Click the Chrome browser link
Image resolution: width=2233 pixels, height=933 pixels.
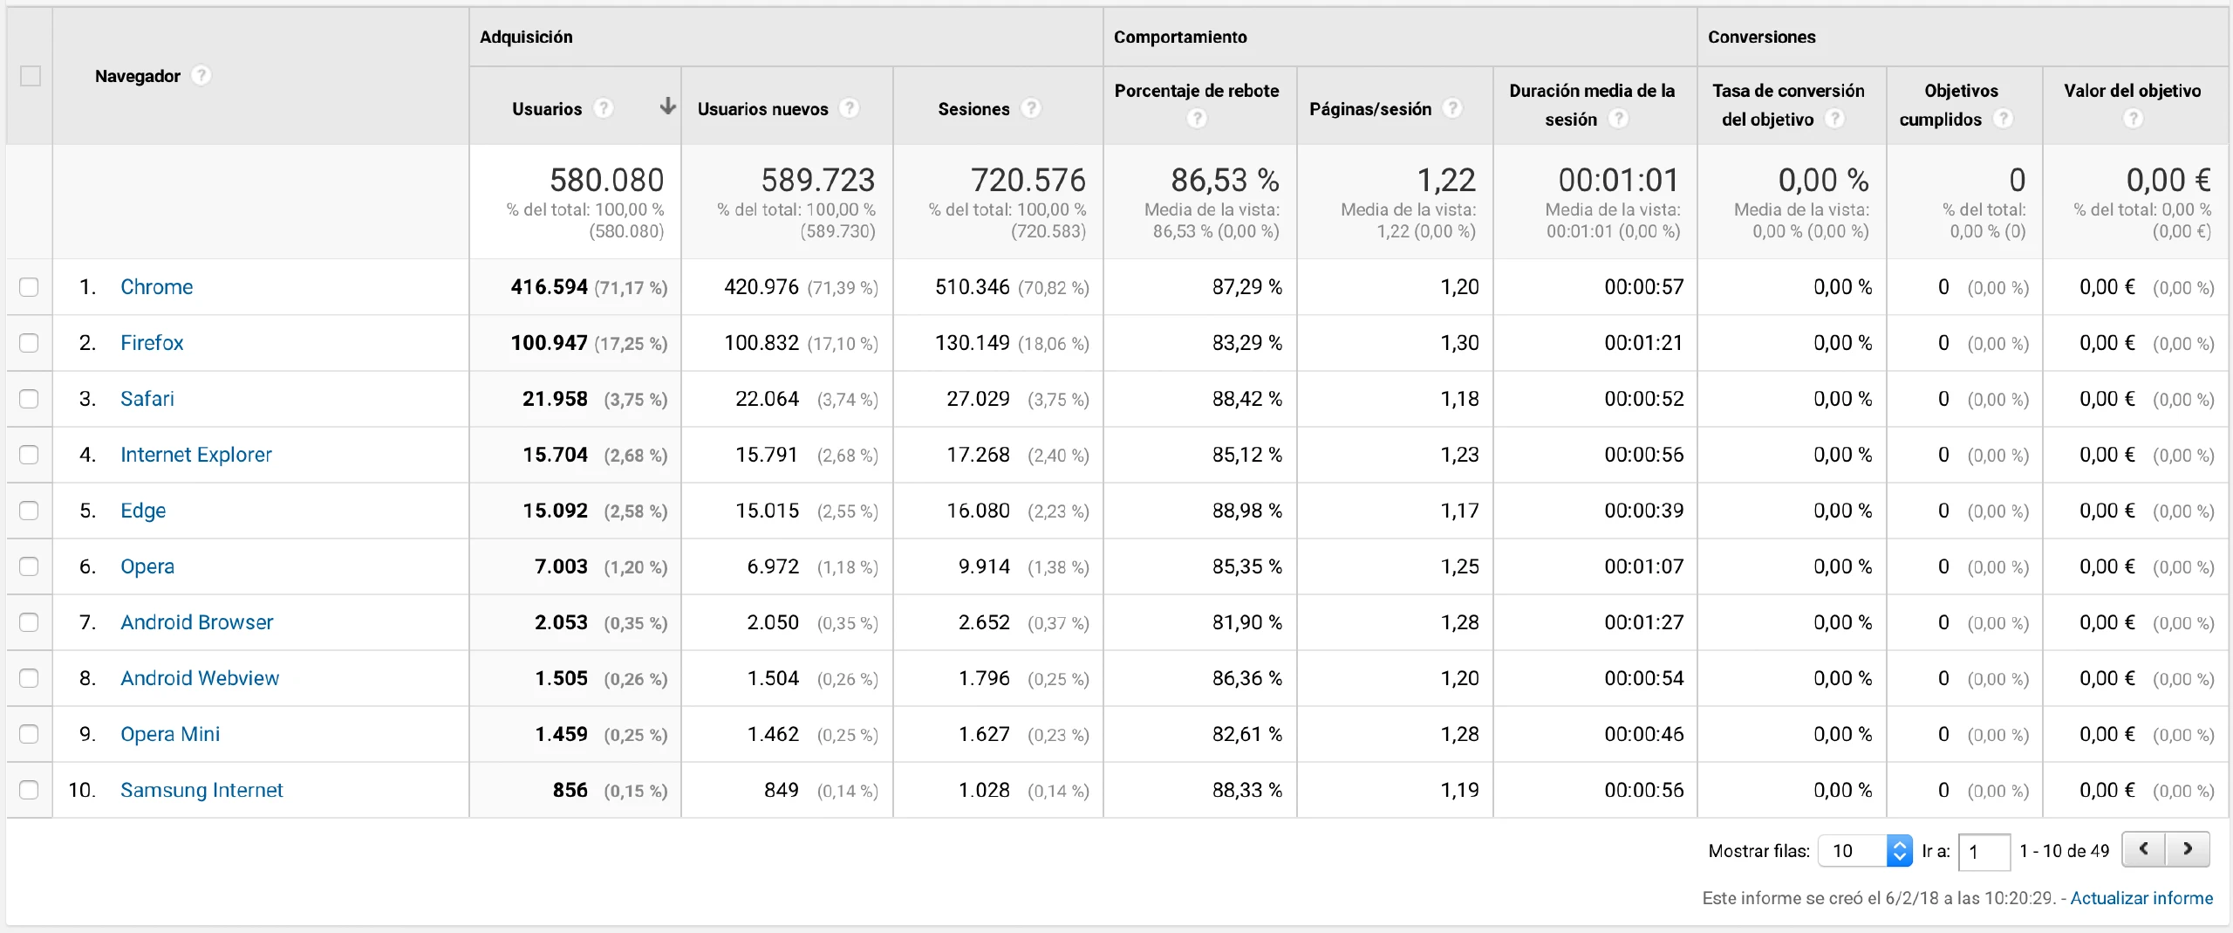tap(156, 287)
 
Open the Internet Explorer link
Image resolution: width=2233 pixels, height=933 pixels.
tap(195, 455)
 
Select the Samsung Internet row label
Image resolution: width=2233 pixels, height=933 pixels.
tap(201, 790)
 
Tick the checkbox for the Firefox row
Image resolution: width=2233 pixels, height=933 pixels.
tap(29, 343)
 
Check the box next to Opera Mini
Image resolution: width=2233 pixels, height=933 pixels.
tap(29, 734)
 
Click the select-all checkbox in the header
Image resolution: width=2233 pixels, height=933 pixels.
tap(31, 76)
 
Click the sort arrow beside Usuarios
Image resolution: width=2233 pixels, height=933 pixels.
tap(667, 106)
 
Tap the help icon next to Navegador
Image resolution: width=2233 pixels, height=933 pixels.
tap(201, 76)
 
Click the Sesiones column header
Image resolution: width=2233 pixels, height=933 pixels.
tap(973, 109)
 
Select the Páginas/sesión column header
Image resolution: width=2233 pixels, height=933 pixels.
tap(1370, 109)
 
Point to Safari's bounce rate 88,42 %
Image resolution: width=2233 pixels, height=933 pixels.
tap(1246, 399)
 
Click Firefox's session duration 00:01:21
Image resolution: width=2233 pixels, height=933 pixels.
tap(1643, 343)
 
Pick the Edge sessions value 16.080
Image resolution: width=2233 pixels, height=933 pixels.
tap(978, 511)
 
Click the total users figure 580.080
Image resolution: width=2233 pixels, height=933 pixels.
tap(606, 180)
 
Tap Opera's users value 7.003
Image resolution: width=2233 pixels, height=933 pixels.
tap(561, 566)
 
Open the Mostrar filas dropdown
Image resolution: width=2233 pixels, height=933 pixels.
tap(1865, 851)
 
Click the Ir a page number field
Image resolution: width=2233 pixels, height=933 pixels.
tap(1984, 851)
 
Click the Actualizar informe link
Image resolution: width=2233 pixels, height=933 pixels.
tap(2141, 898)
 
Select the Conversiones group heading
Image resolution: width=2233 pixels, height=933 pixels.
tap(1761, 37)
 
